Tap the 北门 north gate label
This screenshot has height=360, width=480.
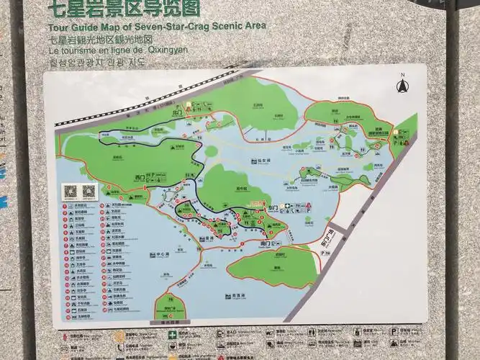tap(177, 112)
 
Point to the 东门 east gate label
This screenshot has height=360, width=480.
tap(273, 206)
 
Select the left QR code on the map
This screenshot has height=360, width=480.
tap(71, 192)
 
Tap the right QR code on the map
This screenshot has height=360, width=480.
tap(89, 192)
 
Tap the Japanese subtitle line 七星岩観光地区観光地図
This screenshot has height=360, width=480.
tap(100, 40)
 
